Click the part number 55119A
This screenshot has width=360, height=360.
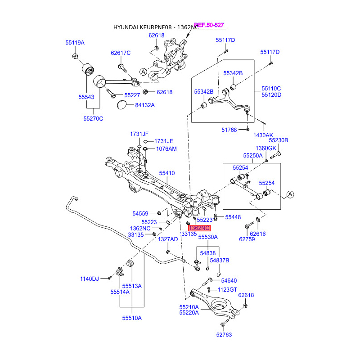[x=75, y=43]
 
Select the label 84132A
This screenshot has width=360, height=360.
[x=144, y=105]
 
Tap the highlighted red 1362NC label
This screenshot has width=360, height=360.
[x=199, y=228]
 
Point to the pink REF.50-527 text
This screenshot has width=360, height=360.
[x=209, y=25]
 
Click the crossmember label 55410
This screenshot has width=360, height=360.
[x=167, y=173]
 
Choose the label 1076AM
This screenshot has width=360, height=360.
[x=166, y=148]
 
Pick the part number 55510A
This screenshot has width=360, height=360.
[x=131, y=318]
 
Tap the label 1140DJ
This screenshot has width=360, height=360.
[x=90, y=279]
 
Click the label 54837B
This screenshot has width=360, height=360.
[x=220, y=260]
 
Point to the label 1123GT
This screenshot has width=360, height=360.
[x=227, y=289]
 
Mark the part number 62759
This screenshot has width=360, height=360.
[x=247, y=239]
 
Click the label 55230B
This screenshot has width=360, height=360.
[x=278, y=140]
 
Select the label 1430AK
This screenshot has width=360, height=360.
[x=263, y=135]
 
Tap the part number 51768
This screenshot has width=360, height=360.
[x=229, y=130]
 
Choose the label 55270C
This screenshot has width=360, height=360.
[x=93, y=118]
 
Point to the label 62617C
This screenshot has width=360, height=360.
[x=121, y=53]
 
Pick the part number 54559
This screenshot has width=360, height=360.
[x=140, y=213]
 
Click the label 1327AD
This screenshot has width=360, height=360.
[x=168, y=239]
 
